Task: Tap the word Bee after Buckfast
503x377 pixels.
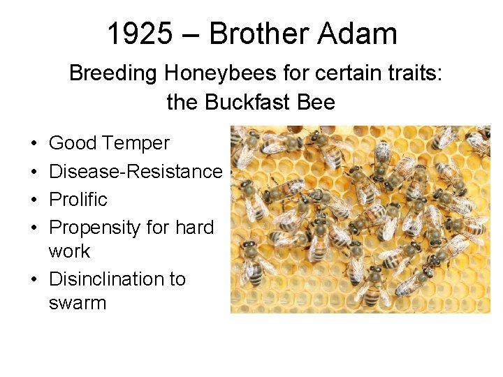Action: [316, 103]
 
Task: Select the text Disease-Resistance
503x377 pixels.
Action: [136, 171]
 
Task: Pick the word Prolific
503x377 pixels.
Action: [78, 199]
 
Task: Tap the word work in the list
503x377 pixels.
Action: [69, 251]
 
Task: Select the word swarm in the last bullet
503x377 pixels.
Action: [78, 303]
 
